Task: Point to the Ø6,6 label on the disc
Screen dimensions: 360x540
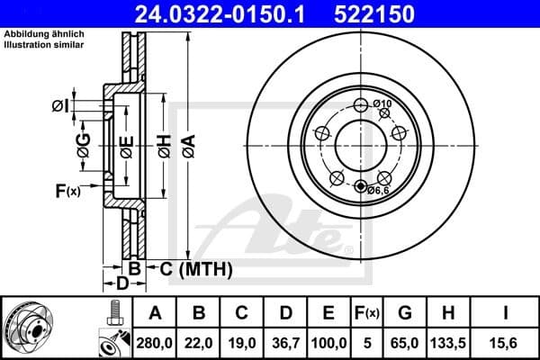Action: click(x=377, y=190)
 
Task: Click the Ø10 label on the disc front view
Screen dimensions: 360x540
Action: click(x=382, y=105)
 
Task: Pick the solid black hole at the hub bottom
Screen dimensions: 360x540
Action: click(x=362, y=187)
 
